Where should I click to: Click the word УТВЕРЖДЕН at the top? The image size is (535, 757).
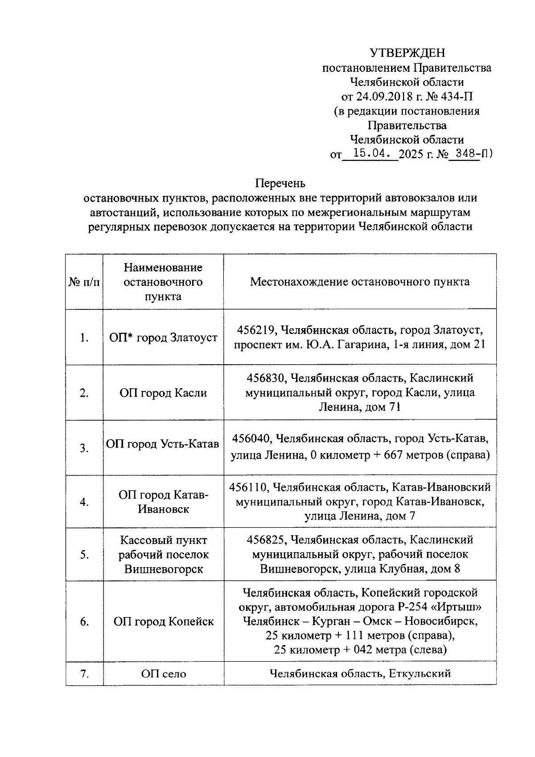407,53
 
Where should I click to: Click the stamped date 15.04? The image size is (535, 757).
371,154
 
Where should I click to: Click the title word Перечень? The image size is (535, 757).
280,183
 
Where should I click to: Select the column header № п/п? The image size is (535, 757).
84,282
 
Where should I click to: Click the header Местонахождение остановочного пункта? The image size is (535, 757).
359,282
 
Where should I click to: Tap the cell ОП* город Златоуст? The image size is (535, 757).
163,337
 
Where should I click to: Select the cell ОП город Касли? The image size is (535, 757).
163,393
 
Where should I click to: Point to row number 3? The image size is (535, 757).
84,448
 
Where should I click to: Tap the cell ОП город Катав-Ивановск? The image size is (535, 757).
163,502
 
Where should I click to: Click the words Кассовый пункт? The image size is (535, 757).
163,540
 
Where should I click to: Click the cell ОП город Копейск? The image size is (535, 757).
163,621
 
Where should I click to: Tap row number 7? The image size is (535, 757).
84,674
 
